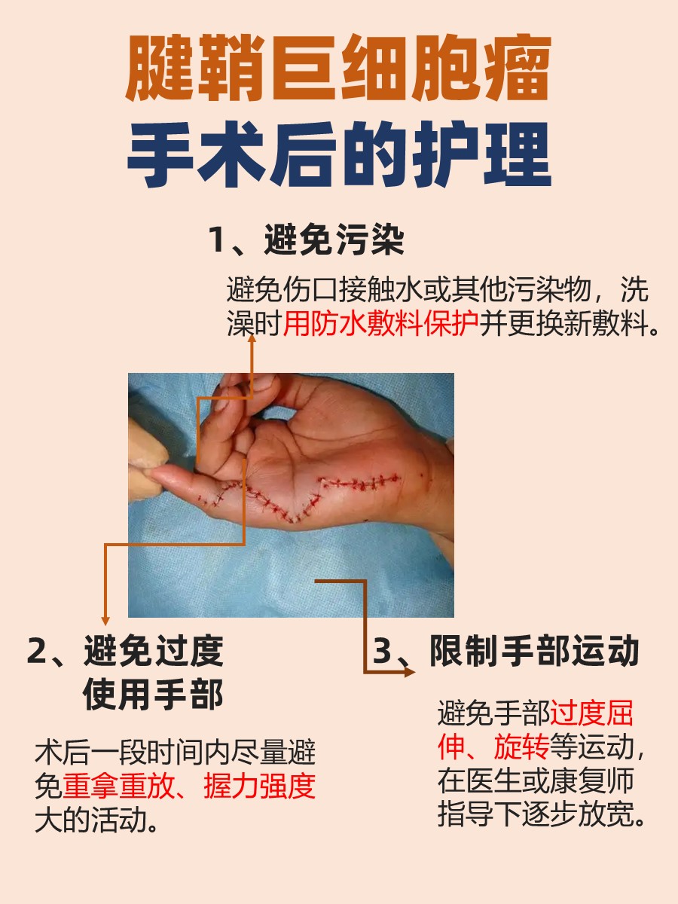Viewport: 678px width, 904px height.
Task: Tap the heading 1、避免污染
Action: [306, 241]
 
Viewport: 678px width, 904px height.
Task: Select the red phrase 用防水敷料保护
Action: [381, 325]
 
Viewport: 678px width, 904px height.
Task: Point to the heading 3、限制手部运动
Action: [506, 651]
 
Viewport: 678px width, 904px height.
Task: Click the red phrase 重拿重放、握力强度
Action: [189, 786]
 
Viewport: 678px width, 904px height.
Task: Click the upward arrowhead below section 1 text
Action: [252, 340]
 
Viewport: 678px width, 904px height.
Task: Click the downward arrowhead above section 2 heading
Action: [105, 620]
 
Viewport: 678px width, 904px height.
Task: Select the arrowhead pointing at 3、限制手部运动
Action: [409, 670]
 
